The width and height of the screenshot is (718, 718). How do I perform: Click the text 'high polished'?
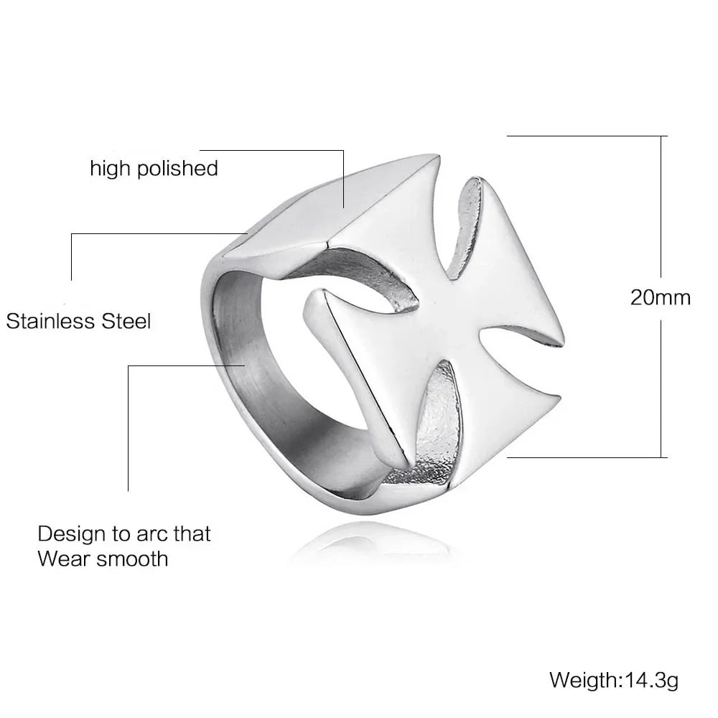154,169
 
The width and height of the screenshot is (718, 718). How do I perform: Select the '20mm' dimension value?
660,297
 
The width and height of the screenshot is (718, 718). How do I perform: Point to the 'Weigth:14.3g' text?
614,679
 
